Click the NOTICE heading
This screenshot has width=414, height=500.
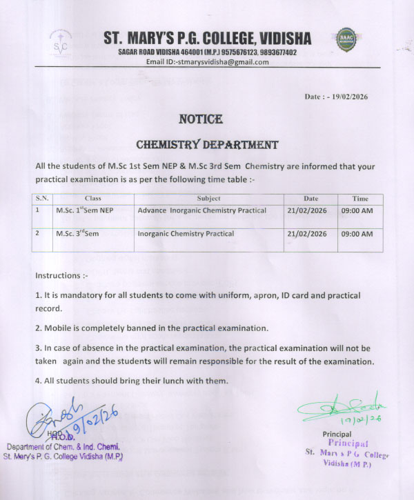pyautogui.click(x=201, y=119)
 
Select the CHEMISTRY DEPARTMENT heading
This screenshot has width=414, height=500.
pyautogui.click(x=207, y=145)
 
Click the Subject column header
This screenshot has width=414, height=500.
pyautogui.click(x=208, y=198)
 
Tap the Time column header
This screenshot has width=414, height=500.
pyautogui.click(x=360, y=198)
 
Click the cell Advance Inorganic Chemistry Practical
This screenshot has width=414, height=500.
pyautogui.click(x=202, y=210)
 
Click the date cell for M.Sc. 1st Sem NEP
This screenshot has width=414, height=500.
pyautogui.click(x=307, y=210)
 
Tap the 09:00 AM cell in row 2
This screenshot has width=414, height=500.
pyautogui.click(x=357, y=234)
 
